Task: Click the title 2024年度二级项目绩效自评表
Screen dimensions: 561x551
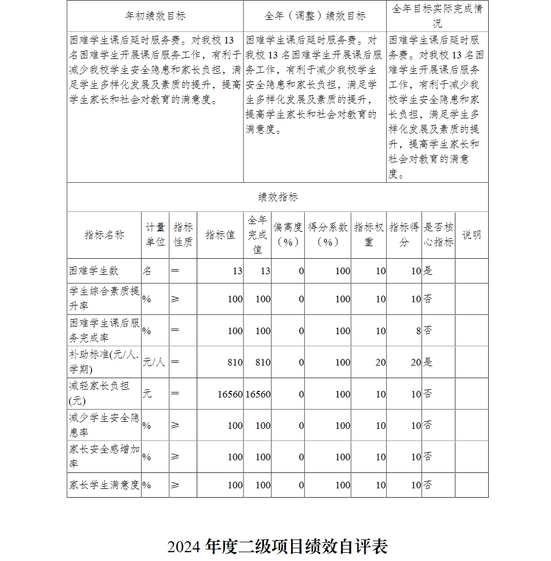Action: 278,547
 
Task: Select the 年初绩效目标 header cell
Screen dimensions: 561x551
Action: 155,16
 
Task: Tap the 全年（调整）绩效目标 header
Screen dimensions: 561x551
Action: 315,16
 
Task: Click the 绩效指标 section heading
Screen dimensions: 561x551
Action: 278,197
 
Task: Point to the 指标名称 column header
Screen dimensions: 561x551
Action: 104,235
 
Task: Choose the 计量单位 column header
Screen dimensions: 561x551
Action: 155,235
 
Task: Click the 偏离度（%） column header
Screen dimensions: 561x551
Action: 288,235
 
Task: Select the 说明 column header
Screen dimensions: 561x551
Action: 472,235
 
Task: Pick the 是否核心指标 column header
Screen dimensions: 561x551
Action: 439,235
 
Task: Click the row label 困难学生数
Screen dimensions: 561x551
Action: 94,271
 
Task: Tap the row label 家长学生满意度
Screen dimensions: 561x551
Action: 104,485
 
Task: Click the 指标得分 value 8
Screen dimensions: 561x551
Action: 418,331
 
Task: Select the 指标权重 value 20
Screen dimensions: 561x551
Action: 380,362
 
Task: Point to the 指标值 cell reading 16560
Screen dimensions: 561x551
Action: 230,394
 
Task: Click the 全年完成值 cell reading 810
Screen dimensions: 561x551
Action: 263,362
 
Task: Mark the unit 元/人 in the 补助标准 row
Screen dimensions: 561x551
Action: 154,362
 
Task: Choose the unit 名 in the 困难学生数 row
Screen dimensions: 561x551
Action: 147,271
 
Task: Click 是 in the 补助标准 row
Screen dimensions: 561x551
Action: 428,362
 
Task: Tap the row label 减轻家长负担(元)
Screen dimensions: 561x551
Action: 99,394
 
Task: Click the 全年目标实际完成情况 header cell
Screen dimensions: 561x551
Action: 437,16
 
